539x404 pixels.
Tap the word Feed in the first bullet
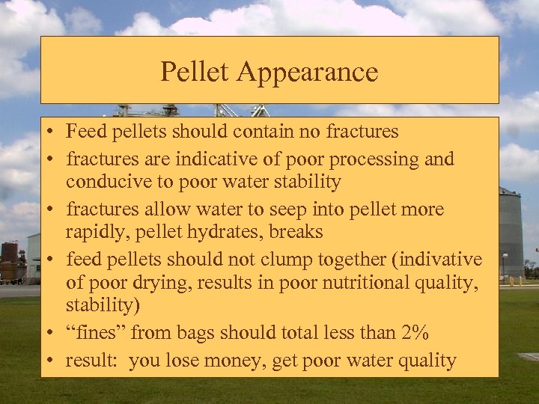pos(82,132)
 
